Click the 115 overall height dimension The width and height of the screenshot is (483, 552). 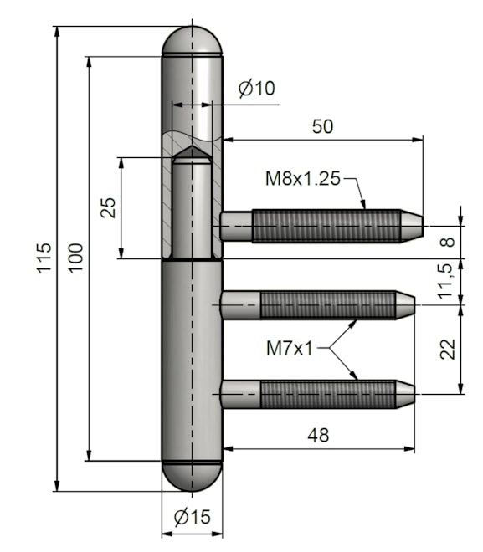[x=44, y=258]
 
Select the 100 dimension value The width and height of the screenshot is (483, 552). [x=75, y=258]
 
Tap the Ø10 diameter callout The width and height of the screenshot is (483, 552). [x=256, y=89]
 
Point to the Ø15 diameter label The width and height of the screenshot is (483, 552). [x=193, y=517]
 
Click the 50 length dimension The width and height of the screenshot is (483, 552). [x=322, y=126]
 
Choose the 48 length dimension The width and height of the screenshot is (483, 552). [x=318, y=436]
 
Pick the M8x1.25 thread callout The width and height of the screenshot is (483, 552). [x=303, y=179]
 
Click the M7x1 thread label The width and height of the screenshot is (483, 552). [x=290, y=349]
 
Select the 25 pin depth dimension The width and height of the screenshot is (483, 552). [x=108, y=207]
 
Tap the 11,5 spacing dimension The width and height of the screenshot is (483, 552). [x=445, y=281]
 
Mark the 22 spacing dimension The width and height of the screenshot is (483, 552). [x=448, y=349]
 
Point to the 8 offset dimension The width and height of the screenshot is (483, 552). [x=448, y=243]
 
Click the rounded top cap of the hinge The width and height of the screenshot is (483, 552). [x=192, y=40]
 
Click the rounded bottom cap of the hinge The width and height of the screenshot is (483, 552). [x=192, y=476]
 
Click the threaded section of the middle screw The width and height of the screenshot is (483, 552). [x=327, y=305]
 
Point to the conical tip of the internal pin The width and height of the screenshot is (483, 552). [x=192, y=152]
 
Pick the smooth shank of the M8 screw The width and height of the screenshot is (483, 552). [x=236, y=226]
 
